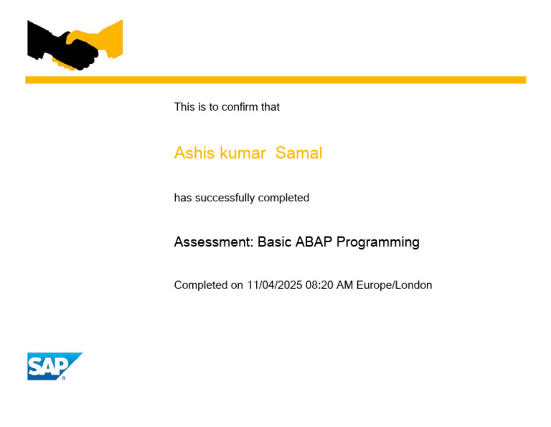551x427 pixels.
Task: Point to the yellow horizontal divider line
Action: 275,80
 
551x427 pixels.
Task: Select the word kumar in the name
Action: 242,153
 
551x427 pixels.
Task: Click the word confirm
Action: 239,107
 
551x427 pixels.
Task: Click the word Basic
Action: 275,242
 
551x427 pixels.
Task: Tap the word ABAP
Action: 314,242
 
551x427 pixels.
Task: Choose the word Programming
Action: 378,242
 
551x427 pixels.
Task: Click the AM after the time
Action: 345,285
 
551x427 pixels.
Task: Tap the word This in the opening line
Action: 184,107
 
